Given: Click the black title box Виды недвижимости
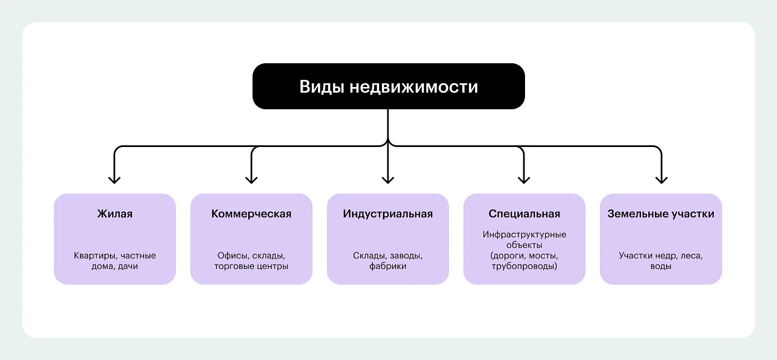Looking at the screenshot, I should (389, 86).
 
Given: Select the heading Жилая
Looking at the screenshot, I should (115, 214).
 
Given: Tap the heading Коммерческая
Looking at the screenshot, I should (251, 214).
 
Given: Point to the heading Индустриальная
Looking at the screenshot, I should (388, 214).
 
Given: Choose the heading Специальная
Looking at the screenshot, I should (524, 214).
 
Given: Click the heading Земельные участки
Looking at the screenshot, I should (660, 214).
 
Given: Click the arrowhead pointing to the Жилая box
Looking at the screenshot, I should (114, 179).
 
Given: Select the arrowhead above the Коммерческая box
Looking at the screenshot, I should (251, 179).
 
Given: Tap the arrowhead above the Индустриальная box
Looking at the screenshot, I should (388, 179).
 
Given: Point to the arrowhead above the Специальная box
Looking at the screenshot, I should (524, 179).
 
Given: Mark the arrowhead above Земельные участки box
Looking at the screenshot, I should (660, 179).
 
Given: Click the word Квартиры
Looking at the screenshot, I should (94, 256).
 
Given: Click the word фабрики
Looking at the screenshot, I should (388, 266).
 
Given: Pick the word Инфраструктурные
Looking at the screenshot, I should (524, 235).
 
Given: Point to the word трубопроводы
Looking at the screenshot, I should (523, 266).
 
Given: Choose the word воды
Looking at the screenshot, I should (660, 266).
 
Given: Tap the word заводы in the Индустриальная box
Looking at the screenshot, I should (406, 256).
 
